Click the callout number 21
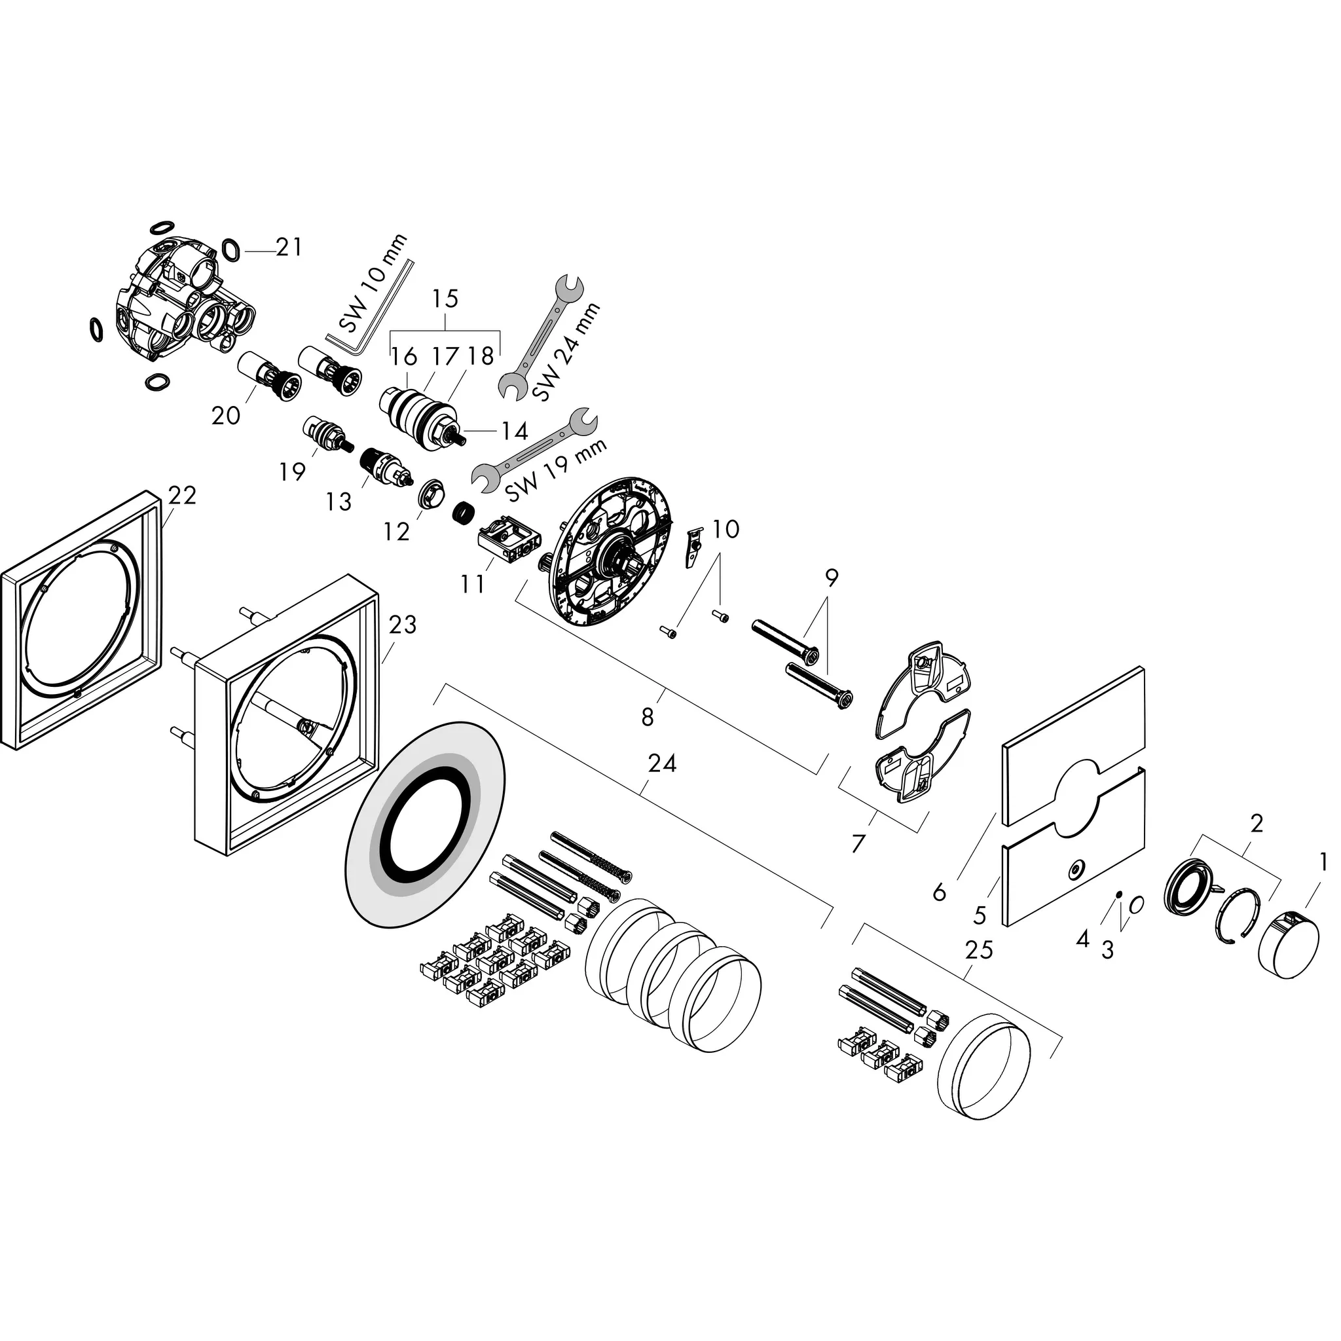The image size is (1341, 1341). click(x=289, y=246)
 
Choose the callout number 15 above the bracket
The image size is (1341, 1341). click(x=445, y=299)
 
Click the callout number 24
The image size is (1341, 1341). click(x=661, y=763)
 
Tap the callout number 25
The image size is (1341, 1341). click(x=979, y=949)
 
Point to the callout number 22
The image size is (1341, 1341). click(x=182, y=495)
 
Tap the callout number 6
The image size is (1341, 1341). click(x=939, y=891)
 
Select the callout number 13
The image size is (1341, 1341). click(x=339, y=501)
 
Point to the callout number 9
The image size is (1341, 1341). click(x=832, y=578)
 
